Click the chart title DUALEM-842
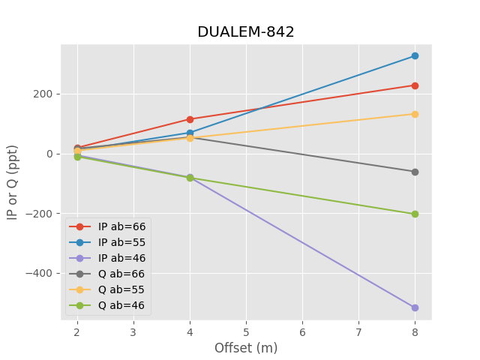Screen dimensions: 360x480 point(246,32)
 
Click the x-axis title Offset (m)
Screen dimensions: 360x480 point(246,348)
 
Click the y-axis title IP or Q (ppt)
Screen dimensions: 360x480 point(13,182)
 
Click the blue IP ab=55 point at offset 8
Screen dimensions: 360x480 point(415,56)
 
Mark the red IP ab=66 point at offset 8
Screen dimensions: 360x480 point(415,85)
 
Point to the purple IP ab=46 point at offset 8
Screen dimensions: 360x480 point(415,307)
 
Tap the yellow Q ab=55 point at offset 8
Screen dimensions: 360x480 point(415,114)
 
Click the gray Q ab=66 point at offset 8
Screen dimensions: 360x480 point(415,172)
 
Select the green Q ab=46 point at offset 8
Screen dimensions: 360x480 point(415,214)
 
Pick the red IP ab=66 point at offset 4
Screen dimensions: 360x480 point(190,119)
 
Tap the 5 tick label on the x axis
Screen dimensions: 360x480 point(246,331)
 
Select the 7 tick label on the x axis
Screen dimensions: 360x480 point(358,331)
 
